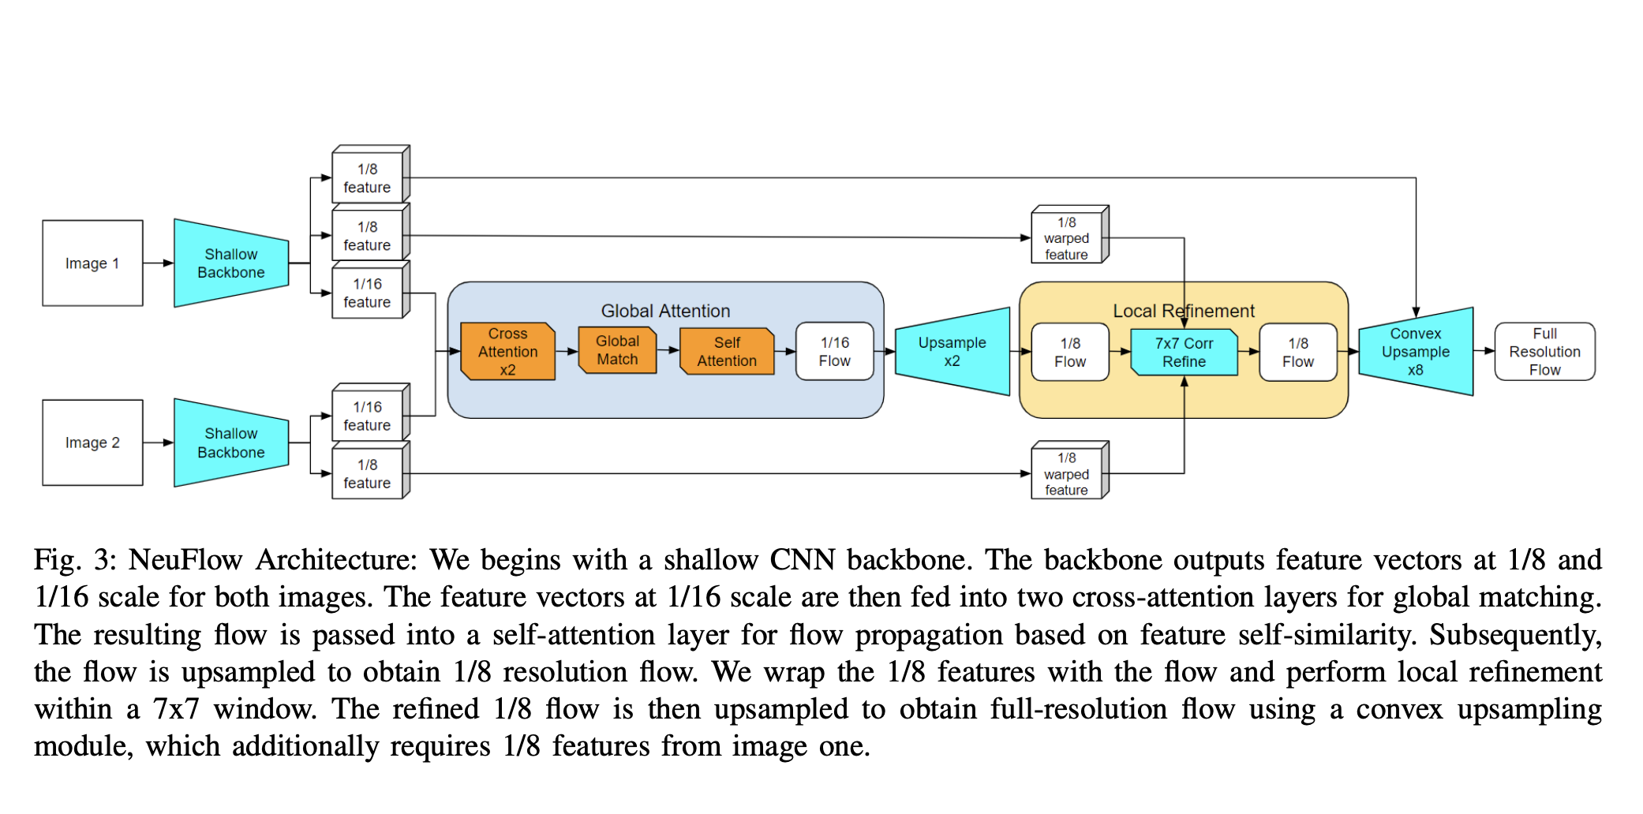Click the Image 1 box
pos(92,263)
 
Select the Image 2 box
pos(92,442)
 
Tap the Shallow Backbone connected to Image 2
pos(230,442)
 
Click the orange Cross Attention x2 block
pos(507,352)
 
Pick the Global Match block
pos(617,350)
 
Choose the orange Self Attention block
pos(727,352)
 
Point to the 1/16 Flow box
pos(834,352)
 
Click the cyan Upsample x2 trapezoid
pos(952,352)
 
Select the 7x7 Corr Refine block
pos(1184,353)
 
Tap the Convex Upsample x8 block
pos(1416,352)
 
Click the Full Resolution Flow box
pos(1544,352)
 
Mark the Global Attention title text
pos(665,311)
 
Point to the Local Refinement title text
pos(1183,311)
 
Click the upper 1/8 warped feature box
pos(1066,238)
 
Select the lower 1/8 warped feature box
pos(1066,474)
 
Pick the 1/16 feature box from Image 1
pos(367,293)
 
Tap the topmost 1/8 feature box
pos(367,178)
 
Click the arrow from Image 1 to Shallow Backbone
pos(158,263)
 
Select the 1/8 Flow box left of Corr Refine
pos(1070,353)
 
